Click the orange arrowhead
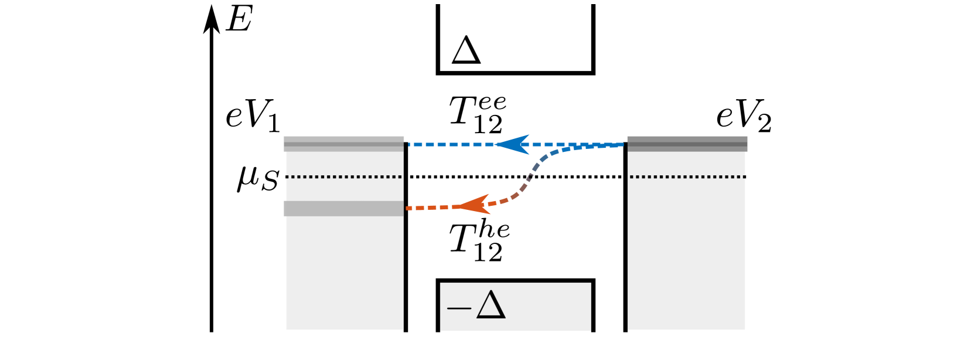pyautogui.click(x=475, y=205)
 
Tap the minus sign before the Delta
pyautogui.click(x=459, y=308)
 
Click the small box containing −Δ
pyautogui.click(x=545, y=307)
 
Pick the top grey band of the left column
pyautogui.click(x=344, y=144)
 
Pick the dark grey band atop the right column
pyautogui.click(x=687, y=144)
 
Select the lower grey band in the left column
pyautogui.click(x=344, y=208)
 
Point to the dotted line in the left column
pyautogui.click(x=344, y=176)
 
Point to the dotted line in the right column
pyautogui.click(x=687, y=176)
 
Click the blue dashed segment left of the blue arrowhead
pyautogui.click(x=451, y=144)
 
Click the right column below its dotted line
pyautogui.click(x=687, y=252)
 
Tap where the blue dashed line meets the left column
pyautogui.click(x=406, y=144)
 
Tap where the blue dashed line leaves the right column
pyautogui.click(x=625, y=144)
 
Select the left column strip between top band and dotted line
pyautogui.click(x=344, y=164)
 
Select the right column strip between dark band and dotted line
pyautogui.click(x=687, y=164)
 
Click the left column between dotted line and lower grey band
pyautogui.click(x=344, y=189)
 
